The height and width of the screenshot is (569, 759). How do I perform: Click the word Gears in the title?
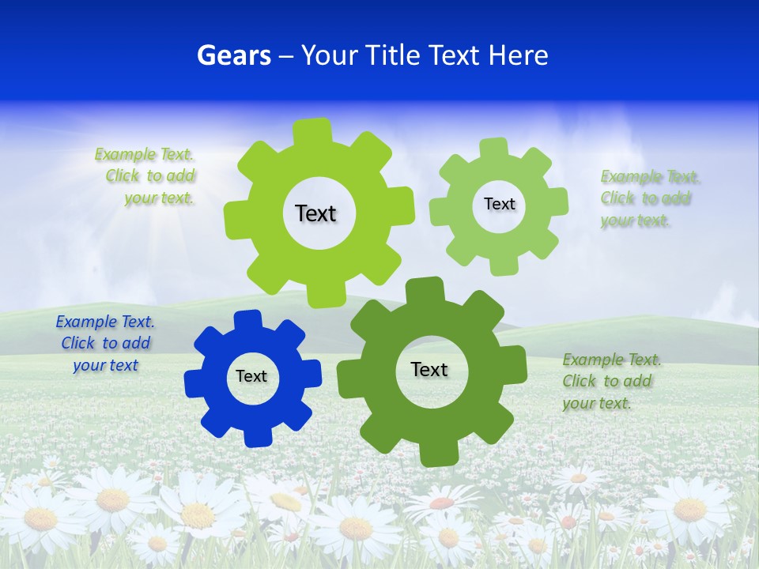tap(233, 55)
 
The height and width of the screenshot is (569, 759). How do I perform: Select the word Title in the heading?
tap(395, 55)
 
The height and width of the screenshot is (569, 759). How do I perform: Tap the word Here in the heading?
tap(518, 55)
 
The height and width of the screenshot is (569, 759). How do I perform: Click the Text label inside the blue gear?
tap(251, 377)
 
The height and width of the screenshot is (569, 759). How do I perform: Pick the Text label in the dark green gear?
tap(429, 369)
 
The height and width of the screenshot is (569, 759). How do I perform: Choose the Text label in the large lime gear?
tap(315, 213)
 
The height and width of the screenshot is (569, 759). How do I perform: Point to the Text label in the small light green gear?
tap(499, 204)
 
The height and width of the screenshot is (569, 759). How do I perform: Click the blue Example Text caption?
tap(105, 343)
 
